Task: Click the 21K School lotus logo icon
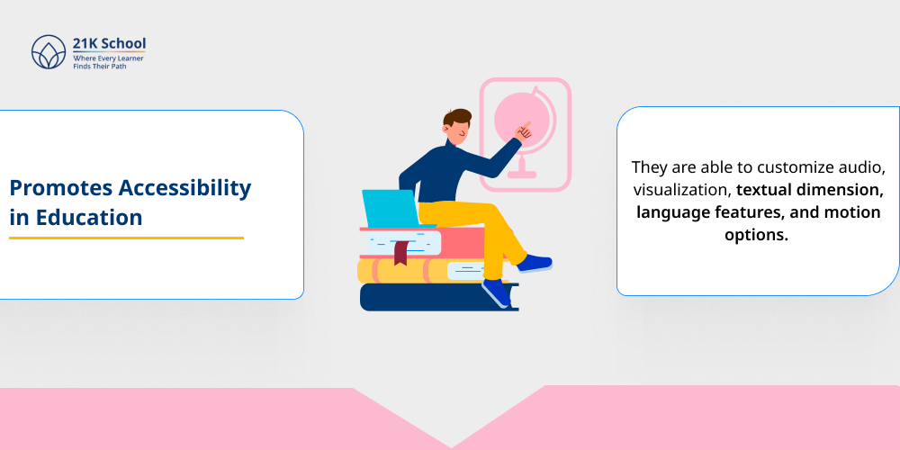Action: click(49, 52)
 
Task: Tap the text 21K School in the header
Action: click(109, 43)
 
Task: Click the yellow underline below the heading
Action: click(126, 238)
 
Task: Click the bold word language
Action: click(673, 212)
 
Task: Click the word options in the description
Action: click(757, 235)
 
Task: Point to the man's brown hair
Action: click(457, 118)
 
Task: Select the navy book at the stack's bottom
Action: click(423, 297)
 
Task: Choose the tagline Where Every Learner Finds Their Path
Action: click(108, 61)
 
